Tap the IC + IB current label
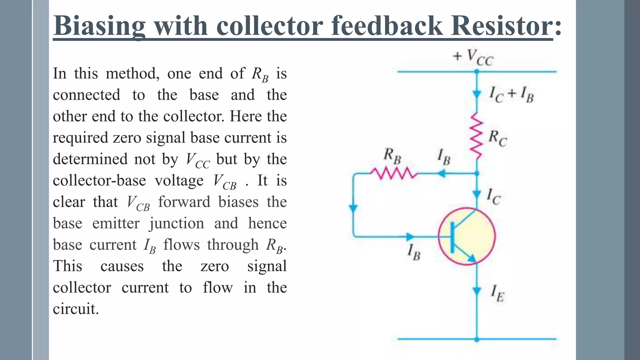coord(511,94)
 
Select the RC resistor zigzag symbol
coord(477,136)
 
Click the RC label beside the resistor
coord(497,138)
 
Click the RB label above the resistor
coord(392,156)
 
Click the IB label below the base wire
coord(414,252)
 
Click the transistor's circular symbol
coord(467,237)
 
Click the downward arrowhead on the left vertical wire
coord(353,208)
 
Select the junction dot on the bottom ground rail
coord(477,339)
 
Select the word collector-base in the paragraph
coord(100,181)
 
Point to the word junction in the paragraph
coord(177,223)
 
